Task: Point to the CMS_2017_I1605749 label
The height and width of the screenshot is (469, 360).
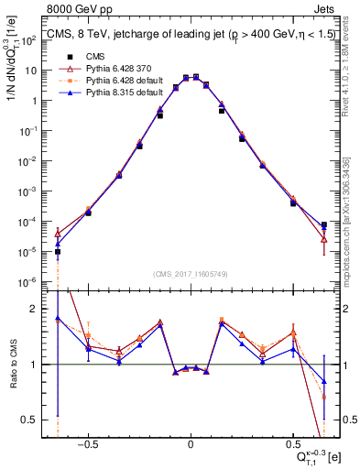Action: [x=190, y=273]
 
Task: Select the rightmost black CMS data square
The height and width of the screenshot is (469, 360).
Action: [x=323, y=224]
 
